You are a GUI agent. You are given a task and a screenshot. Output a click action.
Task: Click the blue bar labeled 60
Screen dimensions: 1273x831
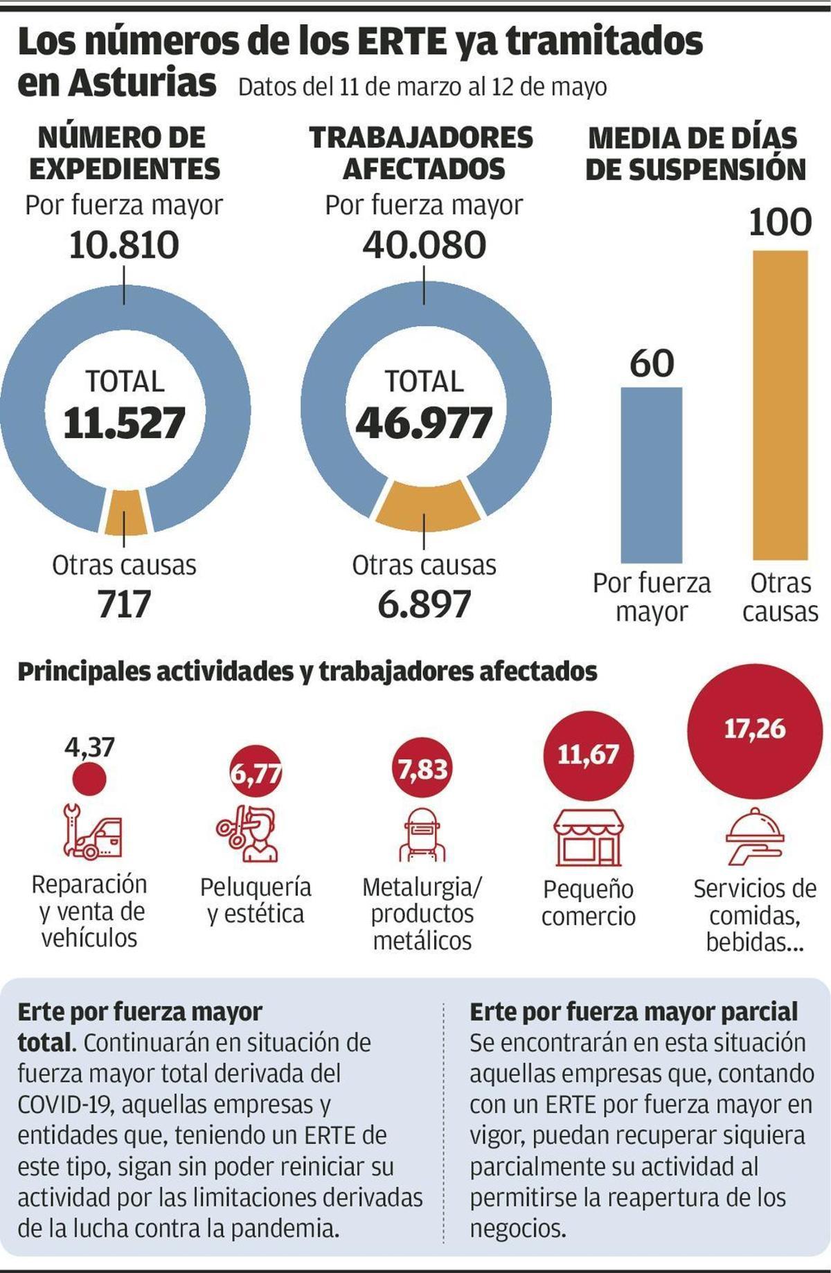[651, 475]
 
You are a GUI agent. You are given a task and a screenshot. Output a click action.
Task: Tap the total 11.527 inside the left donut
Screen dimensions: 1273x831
[125, 423]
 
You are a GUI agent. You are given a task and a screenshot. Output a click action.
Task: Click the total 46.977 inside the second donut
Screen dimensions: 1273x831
[424, 423]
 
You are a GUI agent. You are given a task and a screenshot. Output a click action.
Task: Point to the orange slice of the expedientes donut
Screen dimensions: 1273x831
[125, 513]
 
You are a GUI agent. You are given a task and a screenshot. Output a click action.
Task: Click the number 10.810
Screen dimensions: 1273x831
[125, 245]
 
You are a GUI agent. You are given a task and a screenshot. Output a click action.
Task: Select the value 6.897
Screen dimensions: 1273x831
[424, 604]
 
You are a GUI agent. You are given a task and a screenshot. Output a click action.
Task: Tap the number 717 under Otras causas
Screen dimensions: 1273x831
[125, 604]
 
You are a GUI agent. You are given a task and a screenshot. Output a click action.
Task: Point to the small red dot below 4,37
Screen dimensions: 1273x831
[89, 778]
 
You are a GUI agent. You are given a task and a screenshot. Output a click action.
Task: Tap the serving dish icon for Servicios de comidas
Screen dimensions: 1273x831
[755, 839]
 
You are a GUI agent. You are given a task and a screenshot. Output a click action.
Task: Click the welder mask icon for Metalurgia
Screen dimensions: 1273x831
[422, 834]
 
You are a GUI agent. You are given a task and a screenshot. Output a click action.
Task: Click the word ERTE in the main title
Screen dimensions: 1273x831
[400, 43]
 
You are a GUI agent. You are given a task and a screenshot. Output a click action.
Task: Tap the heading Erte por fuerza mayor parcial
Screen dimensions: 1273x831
[634, 1012]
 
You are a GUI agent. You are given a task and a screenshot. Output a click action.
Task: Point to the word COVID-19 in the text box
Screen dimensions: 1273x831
[64, 1105]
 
